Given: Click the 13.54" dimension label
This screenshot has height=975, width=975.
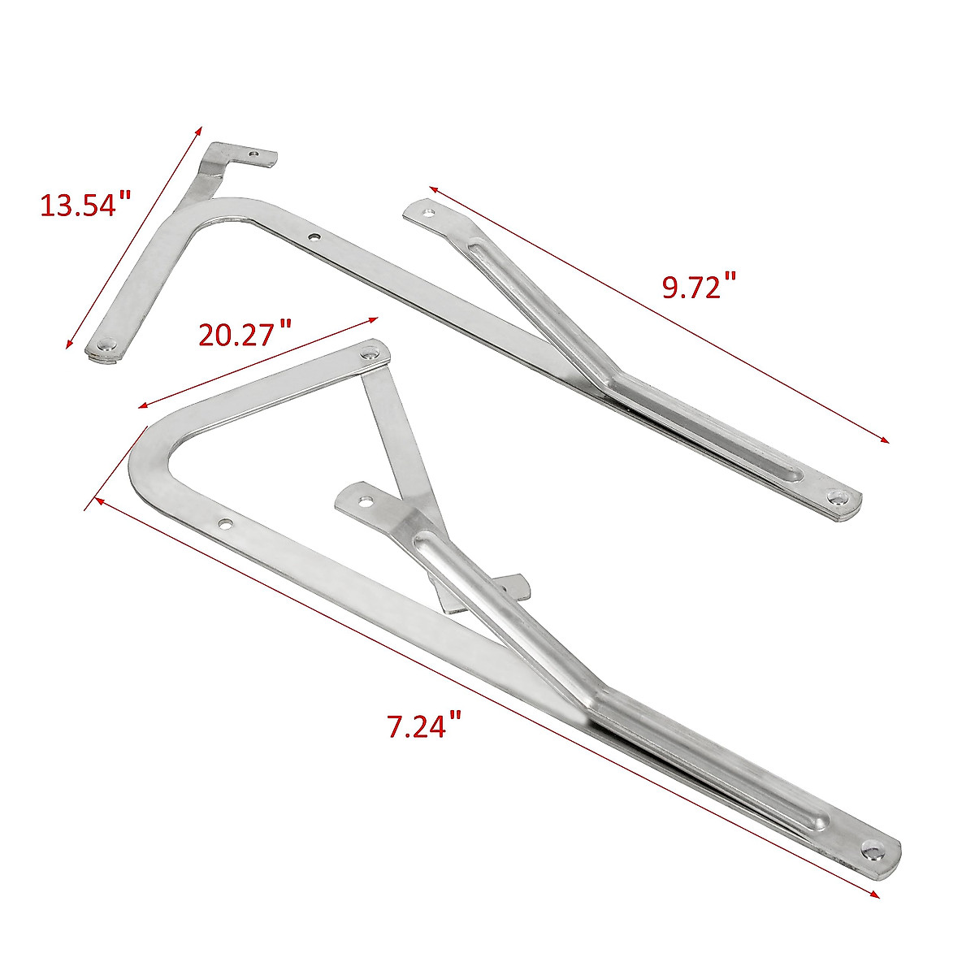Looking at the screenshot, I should (85, 204).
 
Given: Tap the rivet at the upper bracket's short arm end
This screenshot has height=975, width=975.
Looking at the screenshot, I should (106, 345).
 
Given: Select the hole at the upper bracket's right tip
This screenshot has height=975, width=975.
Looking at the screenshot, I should (836, 494).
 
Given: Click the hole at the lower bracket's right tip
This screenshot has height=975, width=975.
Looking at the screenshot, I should (873, 851).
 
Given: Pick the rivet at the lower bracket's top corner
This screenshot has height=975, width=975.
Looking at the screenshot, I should (372, 354).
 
